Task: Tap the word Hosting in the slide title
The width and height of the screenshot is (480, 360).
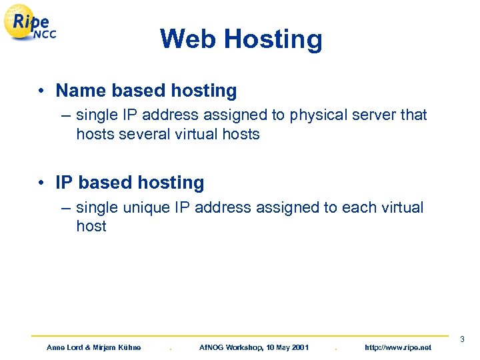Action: click(x=273, y=40)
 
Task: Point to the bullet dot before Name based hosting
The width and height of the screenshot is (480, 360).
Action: click(x=41, y=91)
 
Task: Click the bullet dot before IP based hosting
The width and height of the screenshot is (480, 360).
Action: click(x=41, y=183)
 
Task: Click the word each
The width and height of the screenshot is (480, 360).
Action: click(x=359, y=207)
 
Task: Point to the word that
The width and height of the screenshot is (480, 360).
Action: click(x=413, y=115)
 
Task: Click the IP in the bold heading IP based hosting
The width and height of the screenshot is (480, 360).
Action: click(x=64, y=183)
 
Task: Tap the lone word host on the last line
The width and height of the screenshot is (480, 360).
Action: click(x=91, y=226)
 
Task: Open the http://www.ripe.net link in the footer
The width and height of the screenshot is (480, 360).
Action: click(x=398, y=347)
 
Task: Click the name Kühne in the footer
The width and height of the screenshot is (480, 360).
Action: click(x=129, y=347)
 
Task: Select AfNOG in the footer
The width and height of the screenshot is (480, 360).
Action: click(x=213, y=347)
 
